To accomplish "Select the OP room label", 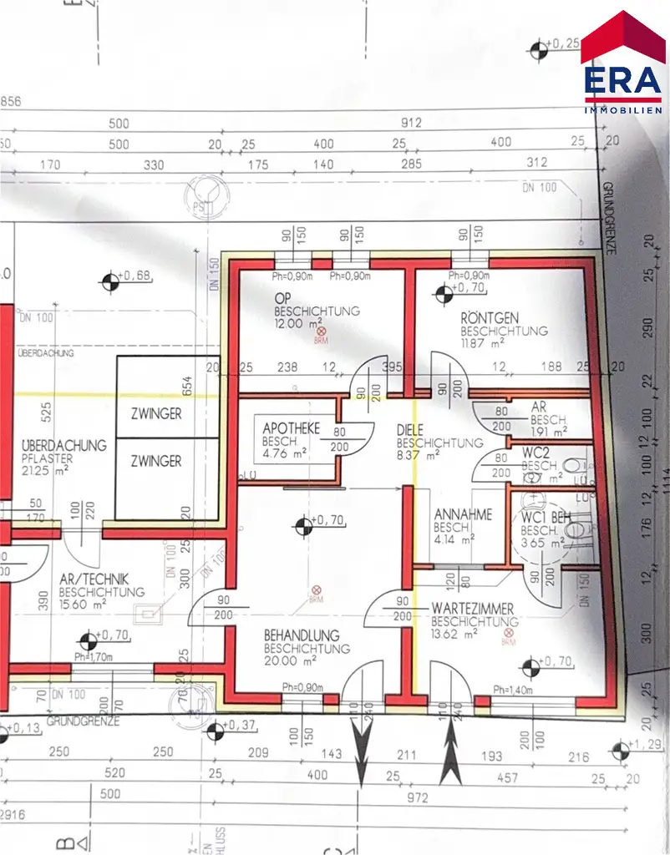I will [282, 299].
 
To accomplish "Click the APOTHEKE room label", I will [291, 428].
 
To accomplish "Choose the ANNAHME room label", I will [463, 515].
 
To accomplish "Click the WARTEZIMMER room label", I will [472, 610].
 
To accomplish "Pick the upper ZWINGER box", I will [155, 414].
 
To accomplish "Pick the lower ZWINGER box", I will [155, 461].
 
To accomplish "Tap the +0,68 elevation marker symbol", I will [109, 281].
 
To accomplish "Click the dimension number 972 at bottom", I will [418, 798].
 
